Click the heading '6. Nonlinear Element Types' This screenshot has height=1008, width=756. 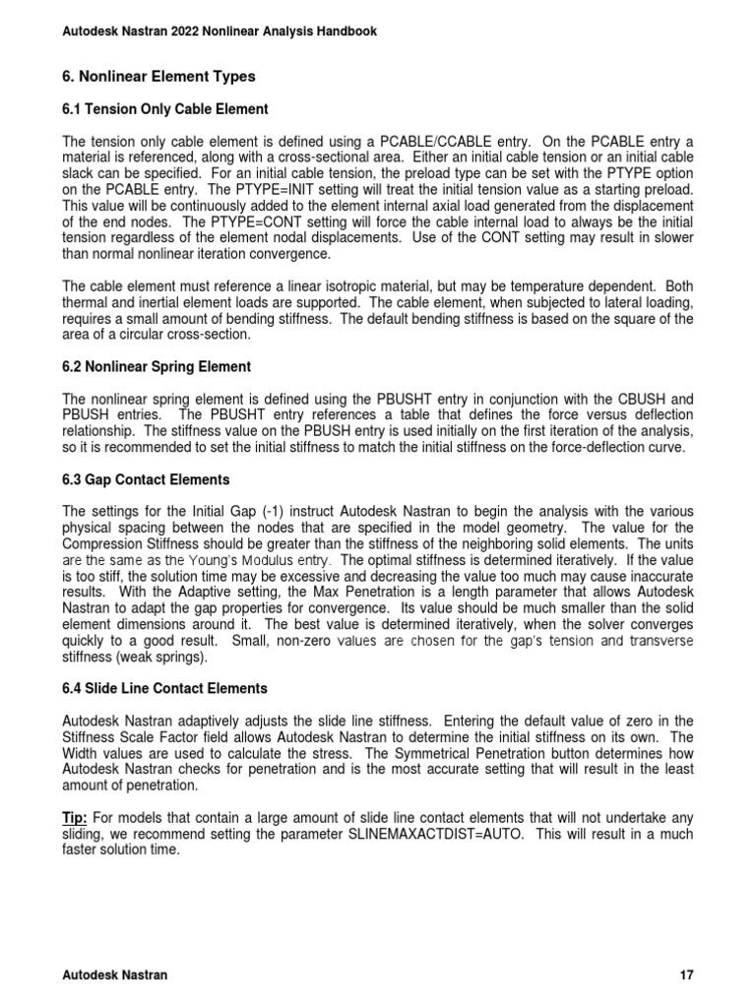click(x=158, y=76)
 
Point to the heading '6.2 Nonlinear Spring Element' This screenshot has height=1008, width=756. click(x=157, y=366)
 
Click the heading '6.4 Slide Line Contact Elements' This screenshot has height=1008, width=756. click(x=164, y=687)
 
